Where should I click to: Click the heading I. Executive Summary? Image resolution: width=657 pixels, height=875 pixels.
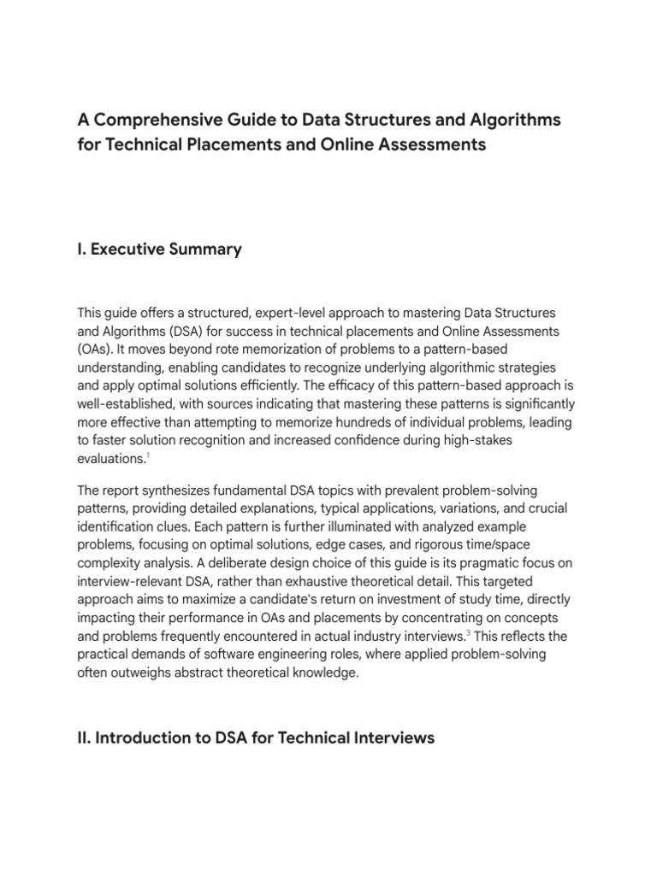pyautogui.click(x=159, y=250)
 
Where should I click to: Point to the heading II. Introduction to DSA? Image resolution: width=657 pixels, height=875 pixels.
pyautogui.click(x=256, y=737)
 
